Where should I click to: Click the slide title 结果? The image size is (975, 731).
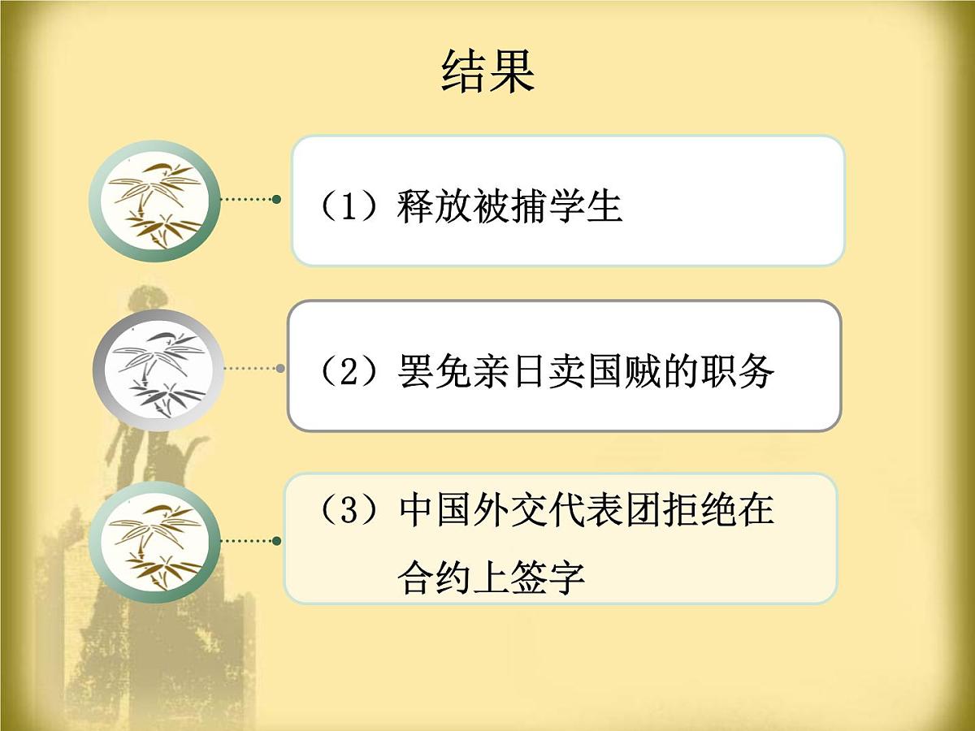[x=488, y=71]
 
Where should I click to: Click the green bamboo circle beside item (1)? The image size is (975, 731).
[x=154, y=201]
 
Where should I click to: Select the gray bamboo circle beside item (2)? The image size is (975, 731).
[x=158, y=370]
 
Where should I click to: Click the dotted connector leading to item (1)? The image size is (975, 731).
[x=250, y=199]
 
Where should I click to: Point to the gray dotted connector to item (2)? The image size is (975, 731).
[x=252, y=368]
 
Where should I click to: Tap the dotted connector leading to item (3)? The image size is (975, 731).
[x=250, y=540]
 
